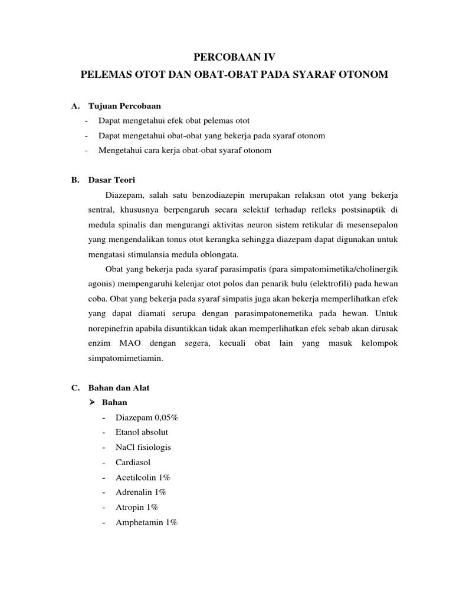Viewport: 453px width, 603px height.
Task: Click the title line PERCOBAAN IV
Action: pyautogui.click(x=226, y=57)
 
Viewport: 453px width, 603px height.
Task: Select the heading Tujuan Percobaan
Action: pyautogui.click(x=124, y=106)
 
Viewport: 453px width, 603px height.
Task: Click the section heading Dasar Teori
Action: pyautogui.click(x=111, y=180)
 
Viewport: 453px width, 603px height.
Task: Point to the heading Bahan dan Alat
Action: pyautogui.click(x=119, y=388)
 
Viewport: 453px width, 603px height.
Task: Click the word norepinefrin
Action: pyautogui.click(x=112, y=329)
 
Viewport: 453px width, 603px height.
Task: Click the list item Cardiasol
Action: pyautogui.click(x=133, y=462)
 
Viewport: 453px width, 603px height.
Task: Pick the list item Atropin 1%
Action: pyautogui.click(x=137, y=507)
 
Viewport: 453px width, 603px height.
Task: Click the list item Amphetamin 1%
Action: pyautogui.click(x=146, y=522)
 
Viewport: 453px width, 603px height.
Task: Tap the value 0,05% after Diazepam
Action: pyautogui.click(x=166, y=418)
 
